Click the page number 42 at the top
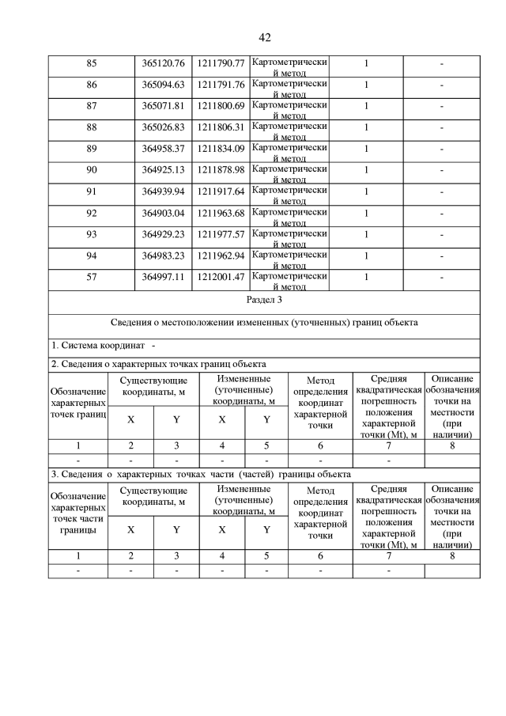click(264, 37)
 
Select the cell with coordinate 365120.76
click(163, 63)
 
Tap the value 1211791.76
click(221, 85)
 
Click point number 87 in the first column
click(92, 106)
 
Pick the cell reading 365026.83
click(163, 127)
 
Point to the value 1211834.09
click(221, 149)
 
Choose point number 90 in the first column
click(92, 170)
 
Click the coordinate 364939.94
click(163, 191)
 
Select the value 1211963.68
click(221, 213)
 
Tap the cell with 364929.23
click(163, 234)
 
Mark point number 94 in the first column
click(92, 256)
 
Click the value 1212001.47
click(221, 277)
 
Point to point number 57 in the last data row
click(92, 277)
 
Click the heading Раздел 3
click(264, 301)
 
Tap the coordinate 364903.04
click(163, 213)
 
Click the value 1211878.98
click(221, 170)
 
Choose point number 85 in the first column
click(92, 63)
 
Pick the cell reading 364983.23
click(163, 256)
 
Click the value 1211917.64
click(221, 191)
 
